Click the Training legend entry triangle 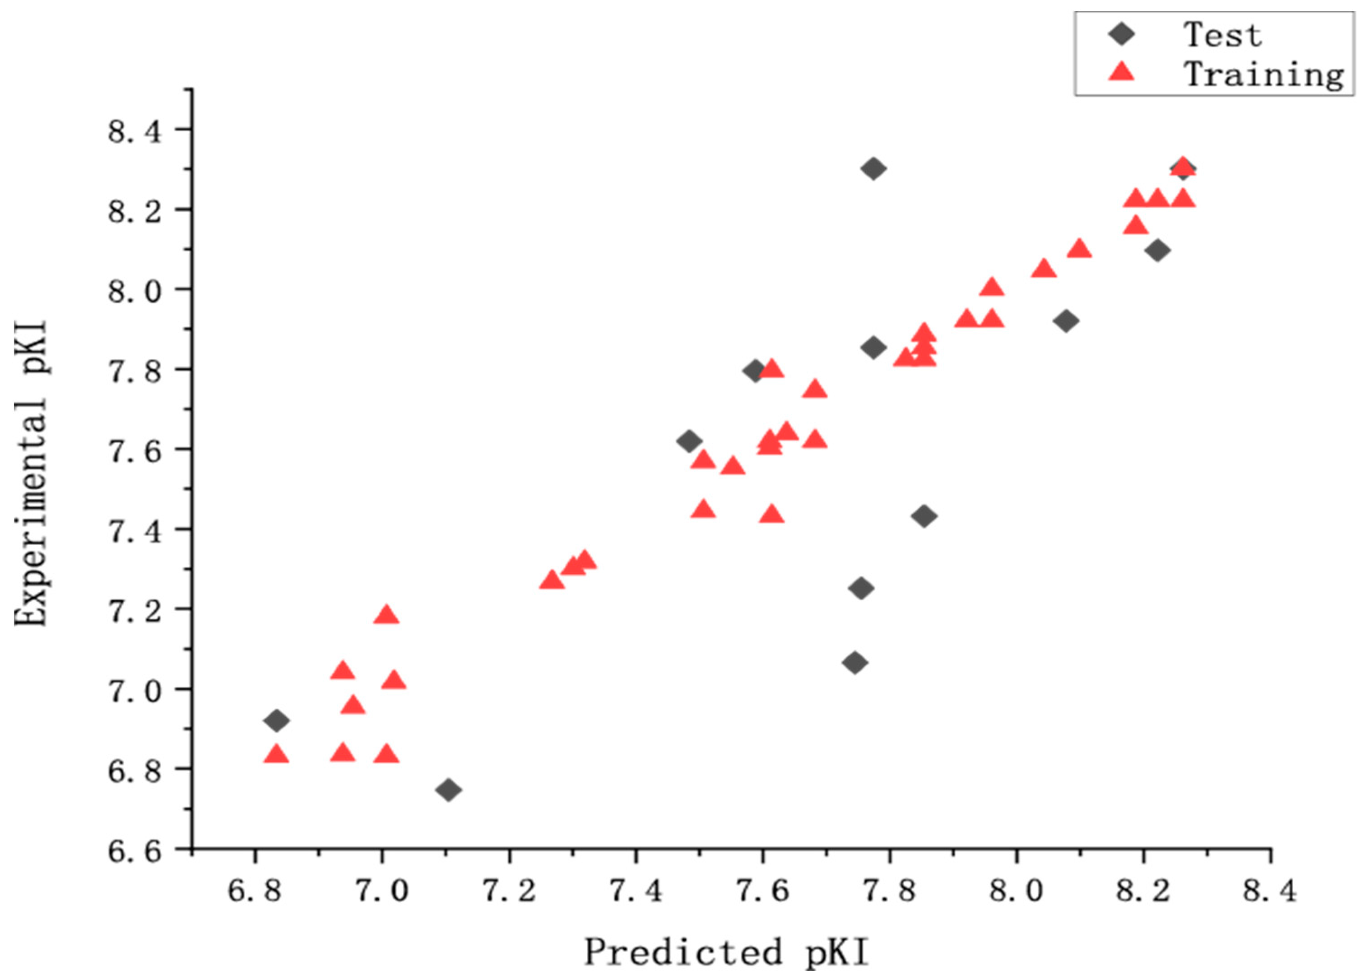(x=1121, y=73)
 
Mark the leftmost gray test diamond (x=276, y=720)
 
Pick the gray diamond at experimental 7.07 (x=854, y=663)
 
